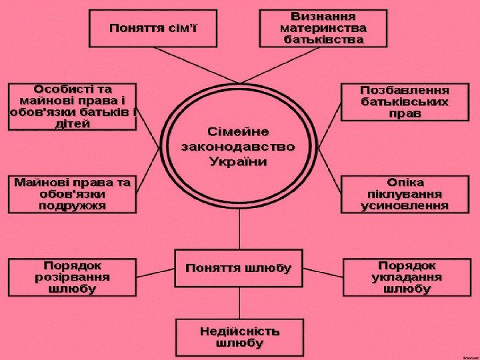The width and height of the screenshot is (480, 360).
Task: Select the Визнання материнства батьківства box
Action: (323, 27)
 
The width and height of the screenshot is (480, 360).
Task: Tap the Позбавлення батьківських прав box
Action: (405, 102)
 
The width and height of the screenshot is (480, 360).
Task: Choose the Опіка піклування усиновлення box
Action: (405, 194)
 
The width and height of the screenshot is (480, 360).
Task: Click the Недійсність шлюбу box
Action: (240, 337)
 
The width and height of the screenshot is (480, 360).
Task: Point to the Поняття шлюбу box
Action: (238, 269)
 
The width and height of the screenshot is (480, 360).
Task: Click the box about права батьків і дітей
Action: (72, 107)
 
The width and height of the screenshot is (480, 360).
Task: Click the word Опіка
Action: (405, 181)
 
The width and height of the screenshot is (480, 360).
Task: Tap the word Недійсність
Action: (240, 331)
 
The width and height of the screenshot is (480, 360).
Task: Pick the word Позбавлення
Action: (405, 89)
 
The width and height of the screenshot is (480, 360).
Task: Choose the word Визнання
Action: (323, 15)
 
